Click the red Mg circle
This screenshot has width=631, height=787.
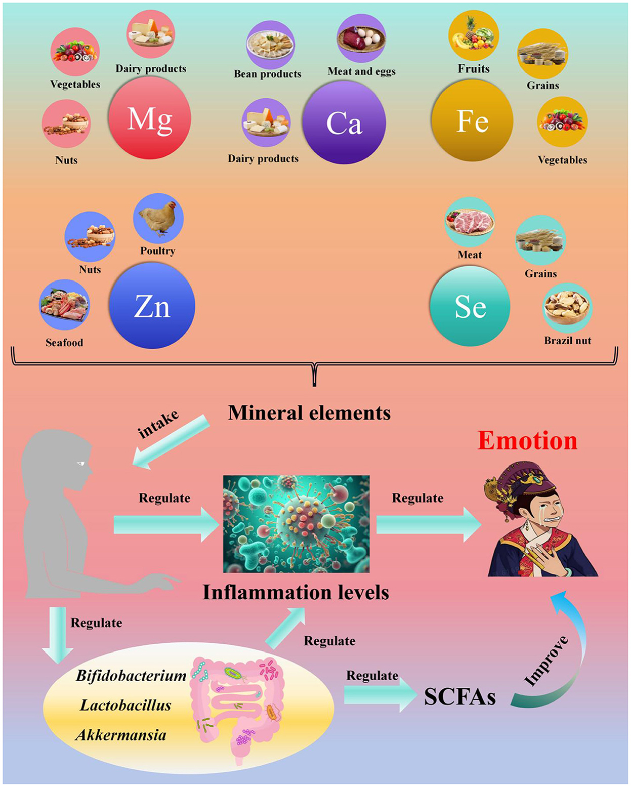(x=149, y=118)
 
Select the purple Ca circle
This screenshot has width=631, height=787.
(x=344, y=122)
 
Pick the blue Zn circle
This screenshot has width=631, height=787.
(x=152, y=306)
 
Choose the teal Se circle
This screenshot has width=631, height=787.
(x=470, y=306)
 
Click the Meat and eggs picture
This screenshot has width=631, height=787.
(x=361, y=39)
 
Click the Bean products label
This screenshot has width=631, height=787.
(x=268, y=74)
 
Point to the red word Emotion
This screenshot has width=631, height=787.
(x=527, y=440)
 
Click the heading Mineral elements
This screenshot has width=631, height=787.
(x=309, y=413)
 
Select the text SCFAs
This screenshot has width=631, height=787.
(x=459, y=697)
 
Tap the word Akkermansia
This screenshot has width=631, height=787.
(x=121, y=735)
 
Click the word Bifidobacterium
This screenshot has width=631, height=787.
(x=131, y=676)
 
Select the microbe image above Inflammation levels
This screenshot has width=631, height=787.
(x=297, y=524)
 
